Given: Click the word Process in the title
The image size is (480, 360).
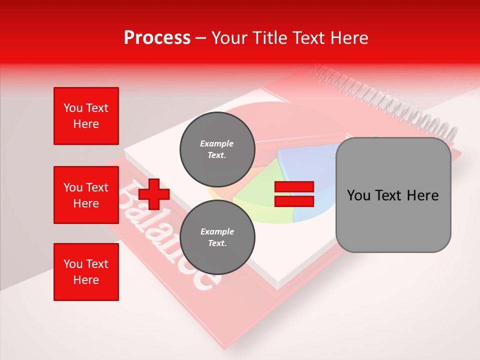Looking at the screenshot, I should [x=157, y=38].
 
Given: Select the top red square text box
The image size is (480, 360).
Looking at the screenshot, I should [x=86, y=116].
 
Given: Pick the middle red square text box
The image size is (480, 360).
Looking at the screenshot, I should [x=86, y=195].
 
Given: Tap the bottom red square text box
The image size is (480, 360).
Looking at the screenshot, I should [x=86, y=271].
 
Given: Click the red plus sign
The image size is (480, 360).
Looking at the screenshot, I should [x=154, y=194].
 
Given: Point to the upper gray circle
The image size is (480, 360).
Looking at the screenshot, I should [x=217, y=149].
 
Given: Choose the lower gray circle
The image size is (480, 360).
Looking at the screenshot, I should [x=217, y=237].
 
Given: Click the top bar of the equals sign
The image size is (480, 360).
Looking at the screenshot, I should [x=294, y=187].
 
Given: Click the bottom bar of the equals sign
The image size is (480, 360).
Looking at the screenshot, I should [x=294, y=201].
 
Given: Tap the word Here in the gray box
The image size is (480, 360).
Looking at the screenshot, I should [x=422, y=195].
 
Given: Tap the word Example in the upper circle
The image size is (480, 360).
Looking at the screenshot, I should [x=217, y=143].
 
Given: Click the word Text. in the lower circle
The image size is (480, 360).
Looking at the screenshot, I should [x=217, y=243].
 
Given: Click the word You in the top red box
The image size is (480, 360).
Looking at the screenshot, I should [x=73, y=108].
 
